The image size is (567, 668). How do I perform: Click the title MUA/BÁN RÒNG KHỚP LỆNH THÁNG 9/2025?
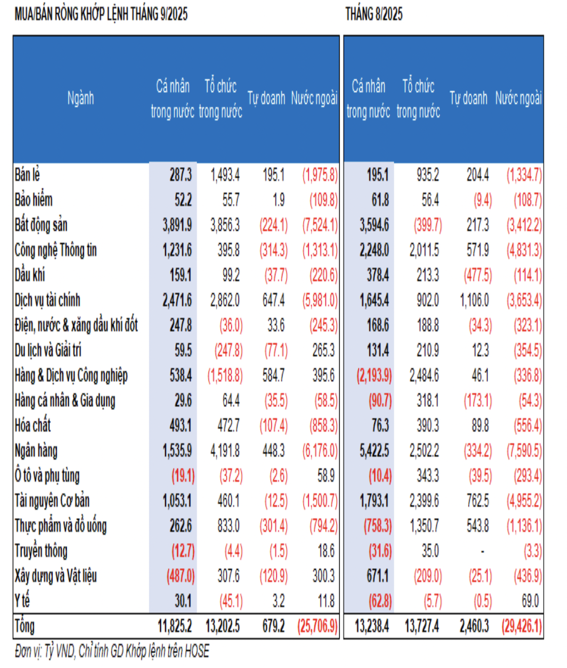tap(101, 14)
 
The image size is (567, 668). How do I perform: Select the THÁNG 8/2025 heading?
tap(374, 14)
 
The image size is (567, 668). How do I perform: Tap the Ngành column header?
tap(80, 98)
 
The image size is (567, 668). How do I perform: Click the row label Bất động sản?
tap(41, 225)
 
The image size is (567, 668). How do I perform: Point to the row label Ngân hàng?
tap(36, 451)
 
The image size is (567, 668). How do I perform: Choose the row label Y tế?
tap(22, 601)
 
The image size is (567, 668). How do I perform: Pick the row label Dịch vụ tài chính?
tap(47, 301)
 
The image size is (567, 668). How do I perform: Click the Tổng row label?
tap(24, 626)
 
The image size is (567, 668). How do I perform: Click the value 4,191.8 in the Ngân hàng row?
tap(225, 451)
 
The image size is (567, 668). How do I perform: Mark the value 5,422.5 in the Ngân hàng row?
tap(374, 451)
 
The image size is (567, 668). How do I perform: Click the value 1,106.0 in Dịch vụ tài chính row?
tap(474, 301)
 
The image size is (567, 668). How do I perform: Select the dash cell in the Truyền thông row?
tap(482, 551)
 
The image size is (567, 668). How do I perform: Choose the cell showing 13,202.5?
tap(222, 626)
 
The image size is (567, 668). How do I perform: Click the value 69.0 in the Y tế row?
tap(530, 601)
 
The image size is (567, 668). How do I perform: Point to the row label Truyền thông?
tap(41, 551)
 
